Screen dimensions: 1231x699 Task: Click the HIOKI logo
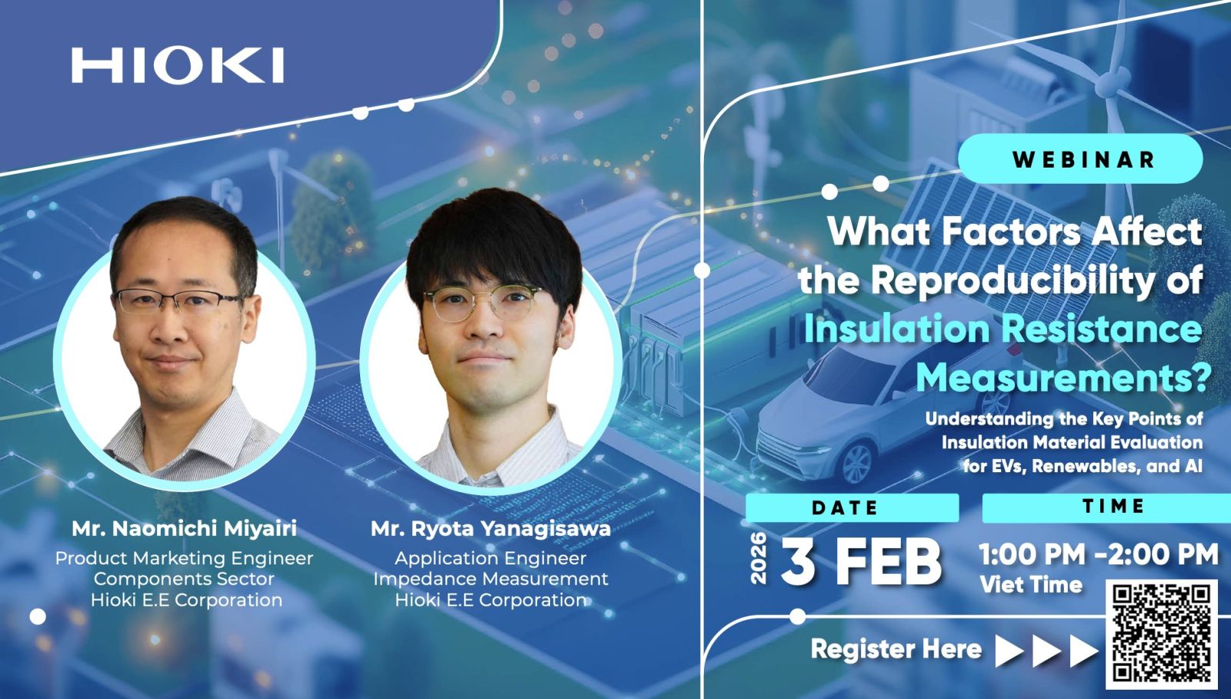178,65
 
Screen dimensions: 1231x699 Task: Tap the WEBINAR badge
1080,158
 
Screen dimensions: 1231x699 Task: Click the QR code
1162,634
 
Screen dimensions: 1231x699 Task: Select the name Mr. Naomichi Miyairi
184,528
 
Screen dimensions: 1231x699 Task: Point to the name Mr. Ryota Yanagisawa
491,528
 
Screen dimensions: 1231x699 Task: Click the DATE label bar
852,508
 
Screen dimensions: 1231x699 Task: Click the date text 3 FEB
861,561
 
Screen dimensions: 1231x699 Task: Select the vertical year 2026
759,558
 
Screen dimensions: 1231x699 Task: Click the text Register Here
896,649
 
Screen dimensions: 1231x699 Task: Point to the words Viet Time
1031,584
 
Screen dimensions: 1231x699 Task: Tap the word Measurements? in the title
1063,378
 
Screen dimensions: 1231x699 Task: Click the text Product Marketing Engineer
184,558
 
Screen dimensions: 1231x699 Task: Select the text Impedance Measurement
491,579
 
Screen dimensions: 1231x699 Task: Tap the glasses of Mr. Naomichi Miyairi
177,301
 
